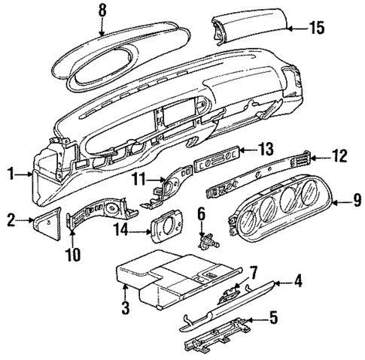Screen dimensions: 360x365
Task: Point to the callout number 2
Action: [x=10, y=219]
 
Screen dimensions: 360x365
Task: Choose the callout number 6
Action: [x=201, y=214]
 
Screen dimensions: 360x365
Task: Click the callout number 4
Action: [x=298, y=283]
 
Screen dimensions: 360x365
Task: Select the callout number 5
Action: [x=273, y=318]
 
